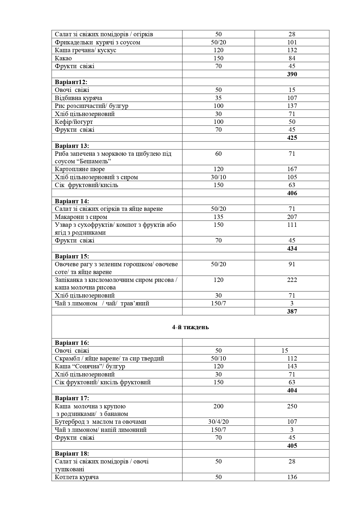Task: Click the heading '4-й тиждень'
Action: click(190, 327)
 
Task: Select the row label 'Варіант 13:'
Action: click(72, 146)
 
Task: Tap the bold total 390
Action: click(292, 74)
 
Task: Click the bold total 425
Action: click(292, 137)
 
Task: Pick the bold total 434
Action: click(292, 248)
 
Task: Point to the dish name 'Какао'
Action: click(63, 58)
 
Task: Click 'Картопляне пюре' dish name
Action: click(80, 169)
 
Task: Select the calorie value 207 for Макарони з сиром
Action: click(292, 217)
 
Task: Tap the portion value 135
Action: click(218, 217)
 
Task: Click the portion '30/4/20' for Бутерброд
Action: click(218, 422)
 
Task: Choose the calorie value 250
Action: click(292, 406)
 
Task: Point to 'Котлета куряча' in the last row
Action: click(77, 477)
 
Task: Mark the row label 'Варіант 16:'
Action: click(72, 343)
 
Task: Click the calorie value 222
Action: click(292, 280)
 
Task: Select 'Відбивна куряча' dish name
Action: click(79, 98)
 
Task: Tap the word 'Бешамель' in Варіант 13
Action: click(95, 161)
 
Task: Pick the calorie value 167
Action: click(292, 169)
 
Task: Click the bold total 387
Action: click(292, 311)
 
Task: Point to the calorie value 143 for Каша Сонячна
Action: click(292, 366)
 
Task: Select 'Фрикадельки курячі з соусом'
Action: click(97, 42)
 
